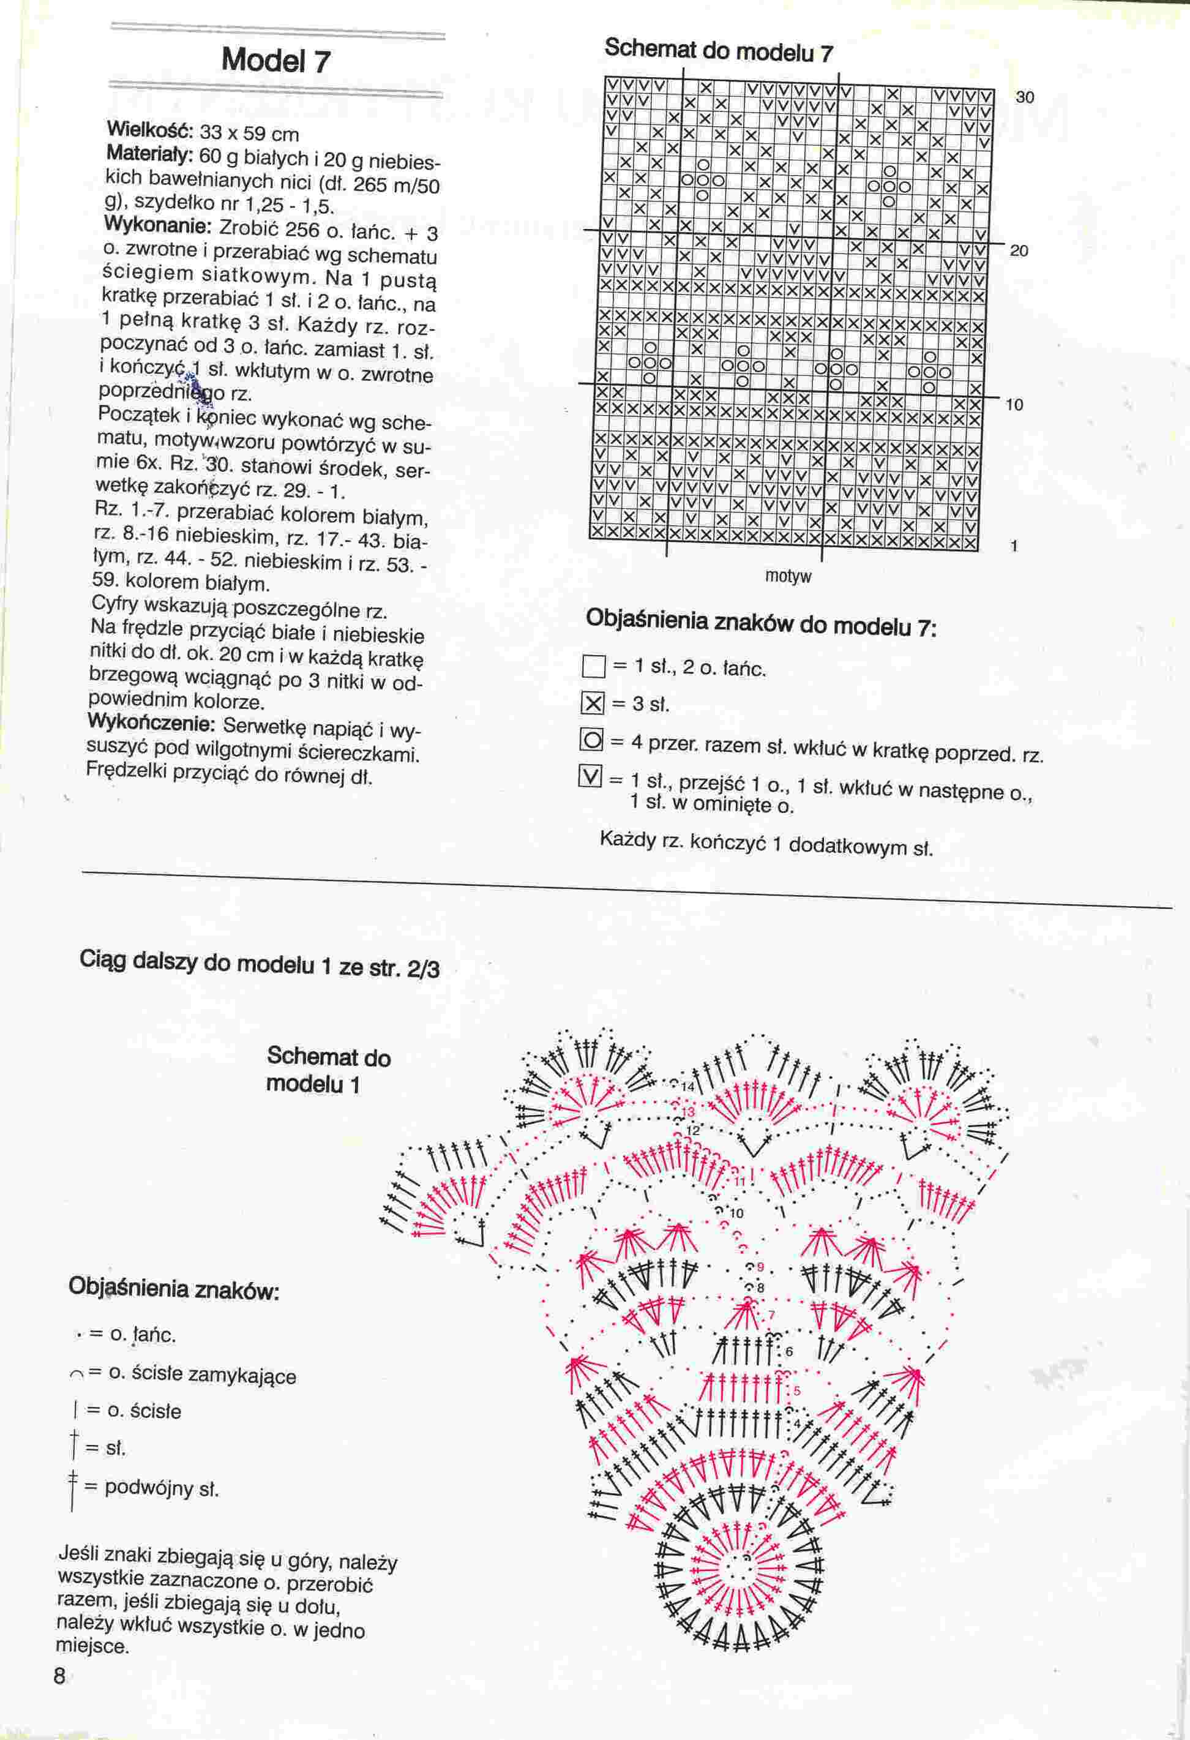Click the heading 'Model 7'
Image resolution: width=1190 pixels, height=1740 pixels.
click(x=275, y=61)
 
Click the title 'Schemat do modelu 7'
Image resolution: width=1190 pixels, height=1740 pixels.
click(x=718, y=51)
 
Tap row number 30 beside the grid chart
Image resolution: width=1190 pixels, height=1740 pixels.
click(x=1025, y=97)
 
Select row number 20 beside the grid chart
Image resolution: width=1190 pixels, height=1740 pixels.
click(x=1019, y=251)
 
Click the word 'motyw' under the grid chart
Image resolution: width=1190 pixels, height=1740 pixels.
click(x=788, y=577)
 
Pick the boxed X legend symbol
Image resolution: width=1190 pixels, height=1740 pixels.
click(x=593, y=703)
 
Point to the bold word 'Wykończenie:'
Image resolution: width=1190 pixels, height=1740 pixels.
click(x=151, y=724)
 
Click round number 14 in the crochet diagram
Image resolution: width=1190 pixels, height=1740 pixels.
click(x=687, y=1086)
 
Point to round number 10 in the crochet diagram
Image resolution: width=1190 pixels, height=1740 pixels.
click(x=736, y=1213)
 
